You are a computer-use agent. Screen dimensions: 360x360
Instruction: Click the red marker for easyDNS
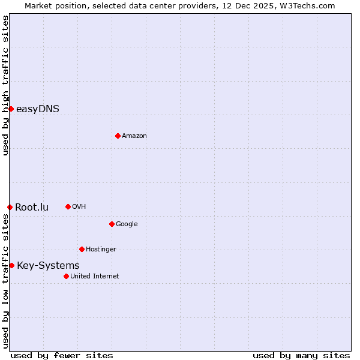click(11, 109)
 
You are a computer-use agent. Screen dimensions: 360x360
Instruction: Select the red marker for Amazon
click(118, 136)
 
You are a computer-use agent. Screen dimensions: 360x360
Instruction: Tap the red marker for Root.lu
click(10, 207)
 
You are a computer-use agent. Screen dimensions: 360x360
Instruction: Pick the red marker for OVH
click(68, 206)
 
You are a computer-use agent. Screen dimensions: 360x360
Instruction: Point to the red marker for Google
click(112, 224)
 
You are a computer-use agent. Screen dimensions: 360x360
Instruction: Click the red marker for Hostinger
click(82, 249)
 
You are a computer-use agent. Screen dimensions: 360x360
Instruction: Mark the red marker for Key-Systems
click(11, 265)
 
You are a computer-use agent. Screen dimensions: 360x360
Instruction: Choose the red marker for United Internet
click(66, 276)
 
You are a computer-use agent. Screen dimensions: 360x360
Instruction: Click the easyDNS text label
click(38, 109)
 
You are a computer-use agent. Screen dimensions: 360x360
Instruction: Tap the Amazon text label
click(134, 136)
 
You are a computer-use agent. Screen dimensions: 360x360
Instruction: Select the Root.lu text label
click(32, 208)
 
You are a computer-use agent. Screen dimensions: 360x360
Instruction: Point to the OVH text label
click(79, 207)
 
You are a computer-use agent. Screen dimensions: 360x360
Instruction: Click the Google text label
click(127, 224)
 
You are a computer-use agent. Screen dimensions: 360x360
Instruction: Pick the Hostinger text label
click(101, 250)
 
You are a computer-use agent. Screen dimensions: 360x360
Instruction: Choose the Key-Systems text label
click(48, 266)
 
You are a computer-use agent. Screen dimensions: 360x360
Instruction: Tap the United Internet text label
click(94, 277)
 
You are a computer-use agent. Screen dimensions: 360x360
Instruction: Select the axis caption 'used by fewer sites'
click(62, 355)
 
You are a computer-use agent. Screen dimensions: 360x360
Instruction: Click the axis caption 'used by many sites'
click(301, 355)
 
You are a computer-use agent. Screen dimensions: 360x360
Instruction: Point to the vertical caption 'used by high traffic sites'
click(5, 85)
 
